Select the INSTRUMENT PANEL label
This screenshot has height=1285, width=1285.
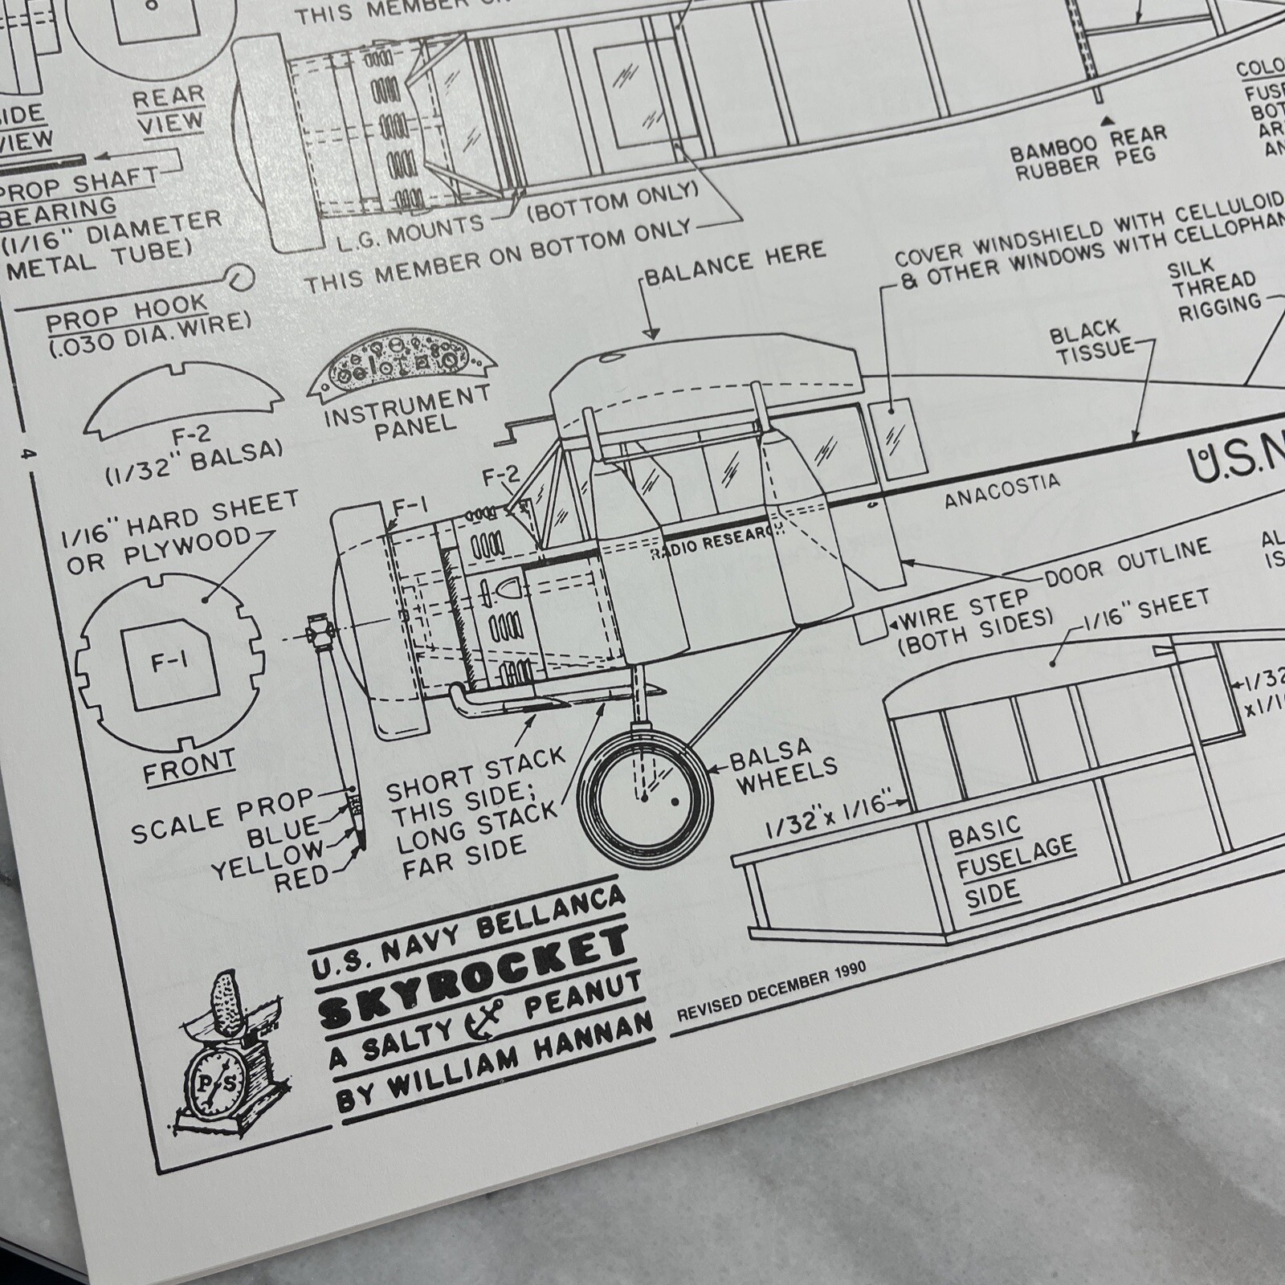[x=407, y=411]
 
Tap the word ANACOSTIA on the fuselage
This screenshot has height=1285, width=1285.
[x=1001, y=489]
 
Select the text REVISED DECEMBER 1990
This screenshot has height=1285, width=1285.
[x=772, y=991]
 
